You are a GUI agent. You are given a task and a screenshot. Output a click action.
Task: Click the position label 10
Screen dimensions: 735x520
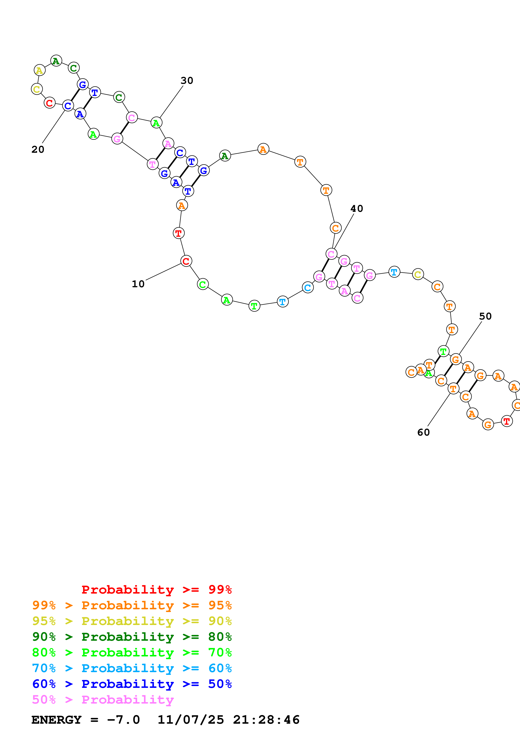138,284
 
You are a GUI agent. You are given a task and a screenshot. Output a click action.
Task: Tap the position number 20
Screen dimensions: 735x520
38,150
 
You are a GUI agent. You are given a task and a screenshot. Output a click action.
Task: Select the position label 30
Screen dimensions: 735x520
187,81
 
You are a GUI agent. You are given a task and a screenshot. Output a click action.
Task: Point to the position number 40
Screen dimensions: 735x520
357,209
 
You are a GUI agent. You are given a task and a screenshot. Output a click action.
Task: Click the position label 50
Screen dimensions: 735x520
485,316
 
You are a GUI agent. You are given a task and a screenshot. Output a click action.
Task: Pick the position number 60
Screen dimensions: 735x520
423,432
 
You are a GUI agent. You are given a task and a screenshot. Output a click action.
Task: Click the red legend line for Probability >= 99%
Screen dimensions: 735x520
156,590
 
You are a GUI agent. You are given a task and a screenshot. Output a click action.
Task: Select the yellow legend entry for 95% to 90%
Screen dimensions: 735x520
132,621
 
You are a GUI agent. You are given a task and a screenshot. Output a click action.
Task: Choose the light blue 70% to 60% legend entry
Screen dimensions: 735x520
132,668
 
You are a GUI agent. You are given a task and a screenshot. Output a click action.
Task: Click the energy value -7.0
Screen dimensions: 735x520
123,720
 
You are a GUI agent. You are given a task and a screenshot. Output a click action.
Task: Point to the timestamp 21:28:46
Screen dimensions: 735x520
266,720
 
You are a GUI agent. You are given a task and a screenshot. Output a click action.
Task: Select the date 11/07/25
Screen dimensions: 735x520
191,720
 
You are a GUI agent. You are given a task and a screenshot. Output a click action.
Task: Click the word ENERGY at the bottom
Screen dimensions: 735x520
56,720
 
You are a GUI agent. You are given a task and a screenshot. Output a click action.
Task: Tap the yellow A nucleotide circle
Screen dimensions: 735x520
39,70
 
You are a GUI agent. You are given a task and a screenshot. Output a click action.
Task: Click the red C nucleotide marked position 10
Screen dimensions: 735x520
186,261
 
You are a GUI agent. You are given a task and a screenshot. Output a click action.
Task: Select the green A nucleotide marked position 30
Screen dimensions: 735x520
156,123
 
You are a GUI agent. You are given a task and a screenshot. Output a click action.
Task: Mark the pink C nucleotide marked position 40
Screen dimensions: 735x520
331,254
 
